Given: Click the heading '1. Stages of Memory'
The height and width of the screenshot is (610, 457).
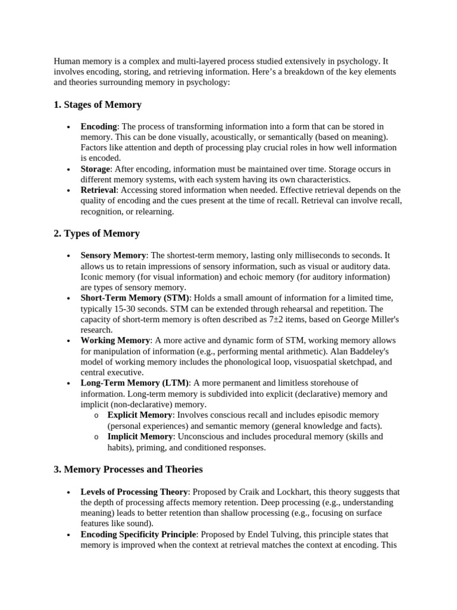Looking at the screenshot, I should [x=98, y=105].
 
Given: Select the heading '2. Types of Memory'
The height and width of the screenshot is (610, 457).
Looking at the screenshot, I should [x=96, y=234].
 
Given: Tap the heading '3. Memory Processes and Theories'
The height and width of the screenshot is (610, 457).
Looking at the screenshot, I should [x=128, y=469].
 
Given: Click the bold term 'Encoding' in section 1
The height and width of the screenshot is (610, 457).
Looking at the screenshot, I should [x=99, y=126].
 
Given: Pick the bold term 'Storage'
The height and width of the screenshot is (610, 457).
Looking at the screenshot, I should [x=96, y=169].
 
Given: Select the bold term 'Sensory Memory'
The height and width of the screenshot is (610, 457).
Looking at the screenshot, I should [x=113, y=255].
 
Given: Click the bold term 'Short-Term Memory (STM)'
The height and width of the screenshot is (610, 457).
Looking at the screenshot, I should [x=135, y=298].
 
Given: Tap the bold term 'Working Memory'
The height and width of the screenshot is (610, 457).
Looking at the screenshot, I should [x=115, y=340].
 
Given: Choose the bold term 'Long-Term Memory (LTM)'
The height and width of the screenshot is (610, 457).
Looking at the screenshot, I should [x=135, y=383].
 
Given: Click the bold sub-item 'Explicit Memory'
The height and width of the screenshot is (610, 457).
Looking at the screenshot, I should [x=140, y=415].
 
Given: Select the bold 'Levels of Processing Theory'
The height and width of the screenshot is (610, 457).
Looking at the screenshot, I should [x=134, y=492].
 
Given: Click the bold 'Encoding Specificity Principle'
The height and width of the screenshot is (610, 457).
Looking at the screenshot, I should [x=138, y=535].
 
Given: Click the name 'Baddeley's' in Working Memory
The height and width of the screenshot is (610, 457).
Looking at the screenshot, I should [x=372, y=351].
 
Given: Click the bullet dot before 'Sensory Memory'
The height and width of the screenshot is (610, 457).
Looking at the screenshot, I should [x=69, y=256].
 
